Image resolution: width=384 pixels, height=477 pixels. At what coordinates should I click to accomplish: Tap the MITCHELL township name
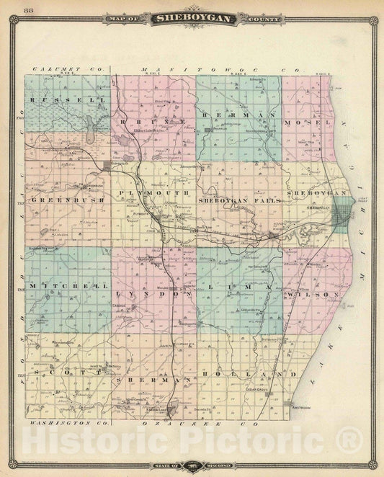click(66, 286)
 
